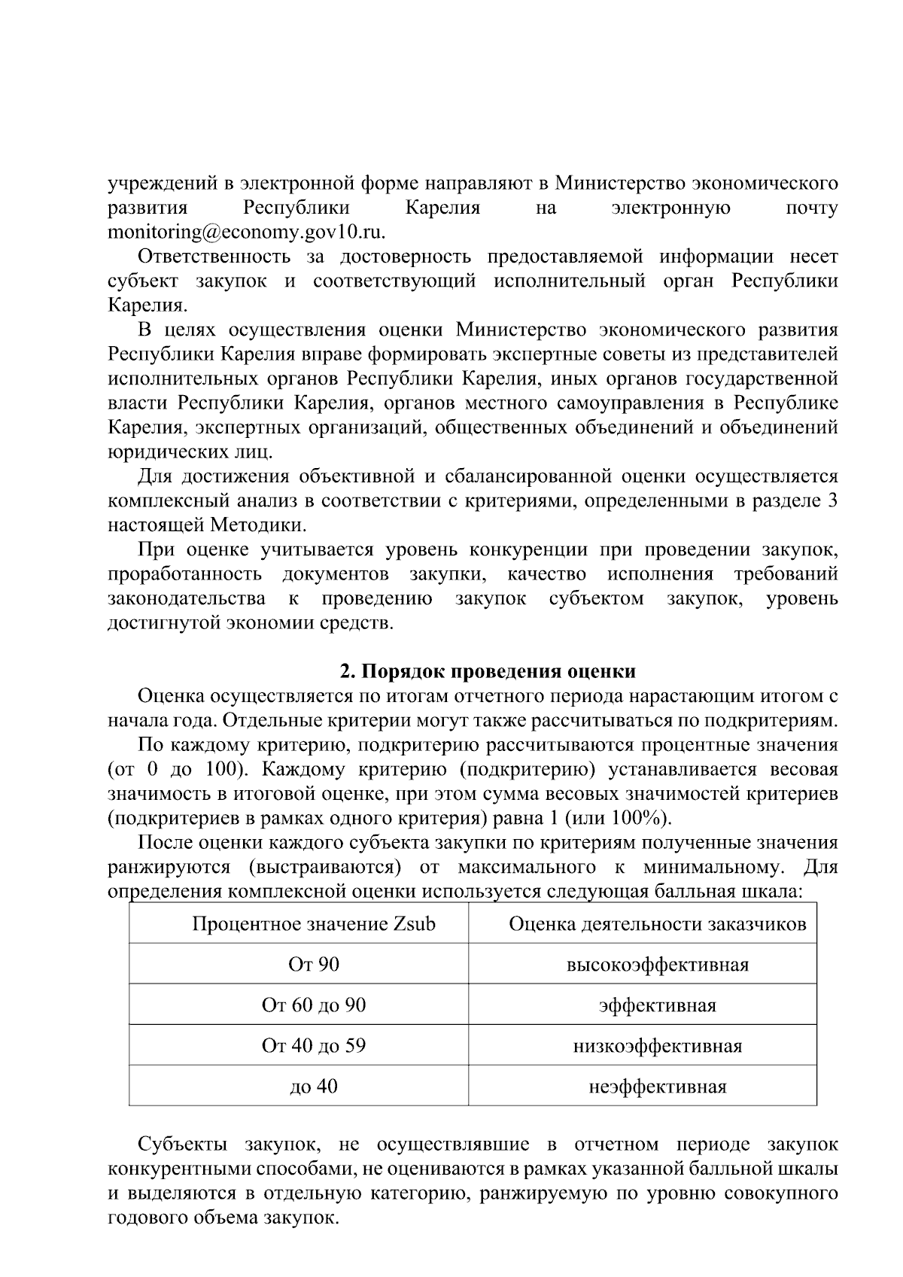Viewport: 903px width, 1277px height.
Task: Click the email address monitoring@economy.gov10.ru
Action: (x=246, y=232)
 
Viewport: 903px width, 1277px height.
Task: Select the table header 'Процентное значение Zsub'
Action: (x=314, y=923)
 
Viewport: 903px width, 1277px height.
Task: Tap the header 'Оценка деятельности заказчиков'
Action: (x=658, y=923)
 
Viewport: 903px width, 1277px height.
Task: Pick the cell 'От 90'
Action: (x=314, y=964)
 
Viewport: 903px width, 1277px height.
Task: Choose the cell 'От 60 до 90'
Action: (x=314, y=1005)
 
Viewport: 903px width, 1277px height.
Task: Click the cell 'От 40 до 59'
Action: (x=314, y=1046)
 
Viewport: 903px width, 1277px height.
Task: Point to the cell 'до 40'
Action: (x=314, y=1087)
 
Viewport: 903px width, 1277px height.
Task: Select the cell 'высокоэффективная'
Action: (x=658, y=965)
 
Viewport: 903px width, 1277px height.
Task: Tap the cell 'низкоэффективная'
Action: (x=658, y=1046)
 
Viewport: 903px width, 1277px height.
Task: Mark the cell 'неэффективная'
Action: (x=658, y=1087)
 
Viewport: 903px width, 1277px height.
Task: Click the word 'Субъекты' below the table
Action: (x=184, y=1145)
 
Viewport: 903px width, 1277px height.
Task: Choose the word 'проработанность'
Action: (x=184, y=574)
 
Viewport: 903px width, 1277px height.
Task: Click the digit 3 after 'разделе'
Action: (x=832, y=500)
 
